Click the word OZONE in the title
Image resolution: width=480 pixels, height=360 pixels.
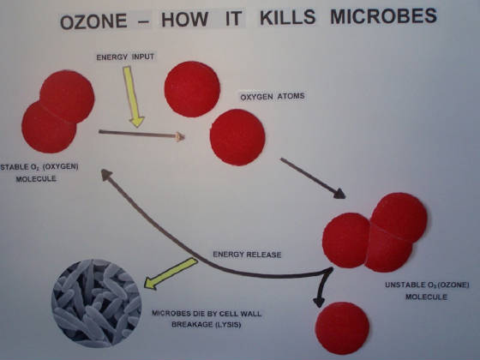[93, 21]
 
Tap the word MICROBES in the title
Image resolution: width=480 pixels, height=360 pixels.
[384, 17]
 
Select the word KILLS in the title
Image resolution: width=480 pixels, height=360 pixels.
[287, 18]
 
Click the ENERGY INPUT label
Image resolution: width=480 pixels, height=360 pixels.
[125, 57]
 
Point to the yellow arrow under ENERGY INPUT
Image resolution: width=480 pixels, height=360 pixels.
[133, 97]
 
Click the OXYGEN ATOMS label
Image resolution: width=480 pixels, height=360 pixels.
[273, 97]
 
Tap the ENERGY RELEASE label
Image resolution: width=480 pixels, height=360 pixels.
[247, 255]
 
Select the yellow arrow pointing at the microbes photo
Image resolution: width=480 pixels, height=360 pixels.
[171, 273]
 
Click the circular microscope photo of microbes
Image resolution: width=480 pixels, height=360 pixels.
[97, 303]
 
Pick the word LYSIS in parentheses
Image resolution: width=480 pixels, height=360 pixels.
[227, 325]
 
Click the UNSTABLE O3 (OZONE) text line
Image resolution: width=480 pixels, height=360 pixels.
[427, 285]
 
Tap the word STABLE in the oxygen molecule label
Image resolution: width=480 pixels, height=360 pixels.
[13, 167]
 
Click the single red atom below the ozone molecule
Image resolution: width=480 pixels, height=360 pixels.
[342, 327]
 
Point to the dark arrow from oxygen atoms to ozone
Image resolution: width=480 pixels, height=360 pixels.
[313, 178]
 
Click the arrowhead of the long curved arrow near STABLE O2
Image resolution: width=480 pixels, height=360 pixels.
[106, 174]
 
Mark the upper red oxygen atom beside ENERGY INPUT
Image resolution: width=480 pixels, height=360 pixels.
[192, 89]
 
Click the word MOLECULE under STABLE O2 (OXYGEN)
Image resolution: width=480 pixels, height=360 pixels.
[36, 179]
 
